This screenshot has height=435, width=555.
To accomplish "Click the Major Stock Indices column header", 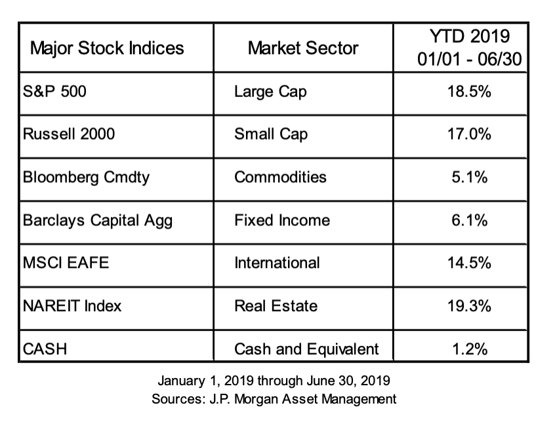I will (107, 48).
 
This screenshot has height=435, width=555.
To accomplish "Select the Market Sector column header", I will (303, 48).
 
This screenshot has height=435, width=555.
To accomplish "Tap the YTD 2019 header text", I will (471, 37).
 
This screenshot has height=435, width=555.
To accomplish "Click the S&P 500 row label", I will (54, 91).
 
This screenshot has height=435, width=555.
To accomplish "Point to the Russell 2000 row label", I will (69, 134).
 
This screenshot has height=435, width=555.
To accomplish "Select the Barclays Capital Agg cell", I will (97, 220).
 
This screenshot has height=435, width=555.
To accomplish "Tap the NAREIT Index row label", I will (72, 305).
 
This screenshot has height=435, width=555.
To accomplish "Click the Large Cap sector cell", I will (270, 91).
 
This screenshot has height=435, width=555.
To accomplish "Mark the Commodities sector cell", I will (280, 177).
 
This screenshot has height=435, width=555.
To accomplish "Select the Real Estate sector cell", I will (276, 305).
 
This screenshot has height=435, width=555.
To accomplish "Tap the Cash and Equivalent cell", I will (306, 349).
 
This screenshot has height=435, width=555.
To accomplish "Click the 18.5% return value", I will (470, 91).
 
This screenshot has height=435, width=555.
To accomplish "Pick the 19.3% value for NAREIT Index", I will (470, 305).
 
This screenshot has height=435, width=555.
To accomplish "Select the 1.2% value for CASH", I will (470, 349).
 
